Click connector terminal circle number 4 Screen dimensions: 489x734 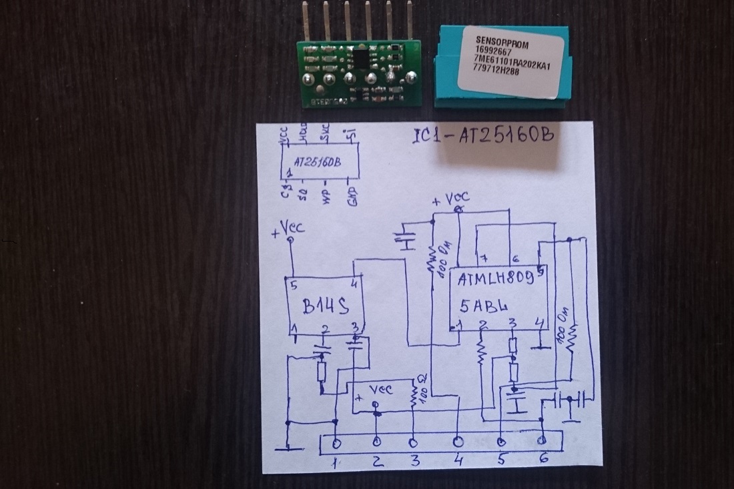(x=458, y=442)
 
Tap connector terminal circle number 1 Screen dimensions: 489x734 (x=336, y=442)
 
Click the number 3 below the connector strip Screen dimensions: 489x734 (x=415, y=461)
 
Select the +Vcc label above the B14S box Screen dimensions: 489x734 (x=289, y=229)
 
